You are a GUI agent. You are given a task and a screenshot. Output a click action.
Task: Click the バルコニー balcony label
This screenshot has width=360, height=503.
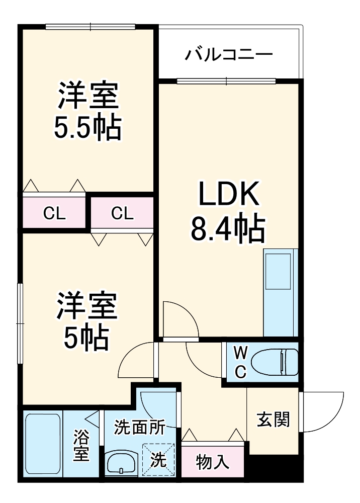[228, 54]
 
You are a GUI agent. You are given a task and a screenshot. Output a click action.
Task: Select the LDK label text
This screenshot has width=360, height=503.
[229, 194]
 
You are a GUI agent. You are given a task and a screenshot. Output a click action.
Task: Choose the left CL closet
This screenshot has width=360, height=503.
[54, 214]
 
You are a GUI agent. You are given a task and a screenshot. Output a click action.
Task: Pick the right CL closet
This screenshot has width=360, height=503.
[122, 214]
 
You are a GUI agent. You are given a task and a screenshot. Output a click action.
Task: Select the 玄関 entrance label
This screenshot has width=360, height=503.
[274, 419]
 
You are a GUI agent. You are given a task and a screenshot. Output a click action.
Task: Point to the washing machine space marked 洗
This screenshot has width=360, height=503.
[159, 459]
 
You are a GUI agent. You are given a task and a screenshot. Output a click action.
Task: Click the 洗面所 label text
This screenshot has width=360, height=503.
[139, 428]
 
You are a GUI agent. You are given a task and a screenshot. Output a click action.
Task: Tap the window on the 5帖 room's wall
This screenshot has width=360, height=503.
[20, 322]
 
